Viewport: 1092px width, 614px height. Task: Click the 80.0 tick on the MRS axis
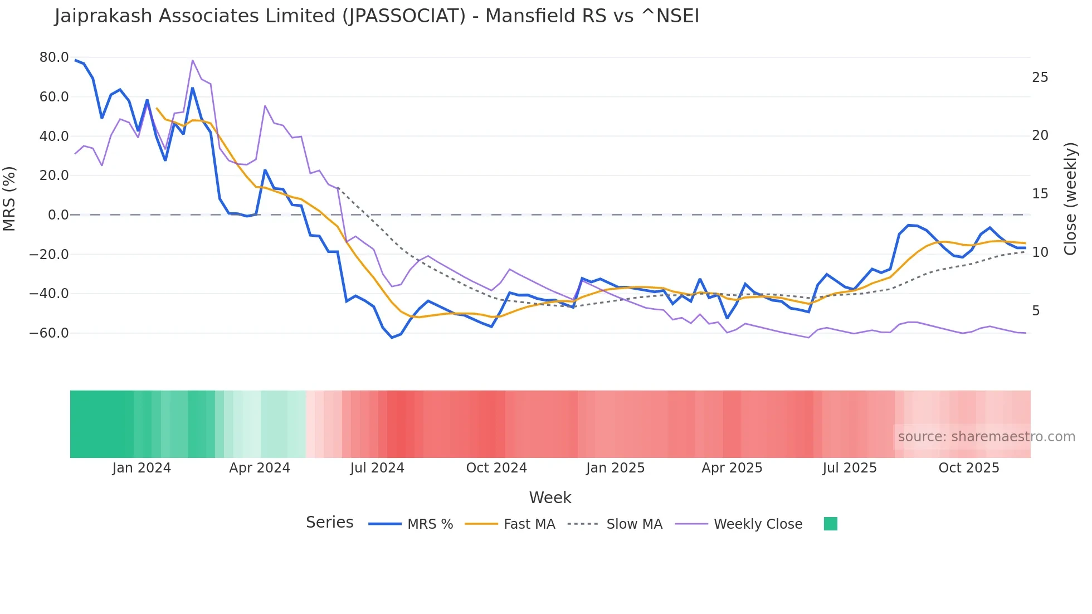pyautogui.click(x=53, y=57)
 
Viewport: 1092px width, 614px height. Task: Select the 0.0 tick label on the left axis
pyautogui.click(x=58, y=215)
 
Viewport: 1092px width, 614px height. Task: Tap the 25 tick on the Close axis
pyautogui.click(x=1040, y=77)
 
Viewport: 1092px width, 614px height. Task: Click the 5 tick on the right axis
pyautogui.click(x=1036, y=311)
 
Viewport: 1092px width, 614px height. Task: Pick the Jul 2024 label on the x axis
pyautogui.click(x=377, y=468)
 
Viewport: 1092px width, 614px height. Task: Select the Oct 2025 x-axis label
pyautogui.click(x=968, y=468)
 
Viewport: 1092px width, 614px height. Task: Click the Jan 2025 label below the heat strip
pyautogui.click(x=615, y=468)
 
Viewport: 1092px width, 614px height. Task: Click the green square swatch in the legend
pyautogui.click(x=830, y=524)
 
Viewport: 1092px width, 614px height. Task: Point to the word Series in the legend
pyautogui.click(x=329, y=523)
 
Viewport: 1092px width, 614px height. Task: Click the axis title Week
pyautogui.click(x=550, y=498)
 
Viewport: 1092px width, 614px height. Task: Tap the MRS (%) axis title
pyautogui.click(x=9, y=198)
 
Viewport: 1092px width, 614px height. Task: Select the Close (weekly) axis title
pyautogui.click(x=1070, y=199)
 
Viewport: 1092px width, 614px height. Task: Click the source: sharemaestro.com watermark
pyautogui.click(x=986, y=437)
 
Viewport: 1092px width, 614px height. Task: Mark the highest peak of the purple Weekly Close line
pyautogui.click(x=192, y=60)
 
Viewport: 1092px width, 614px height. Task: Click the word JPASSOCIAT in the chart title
pyautogui.click(x=405, y=16)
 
